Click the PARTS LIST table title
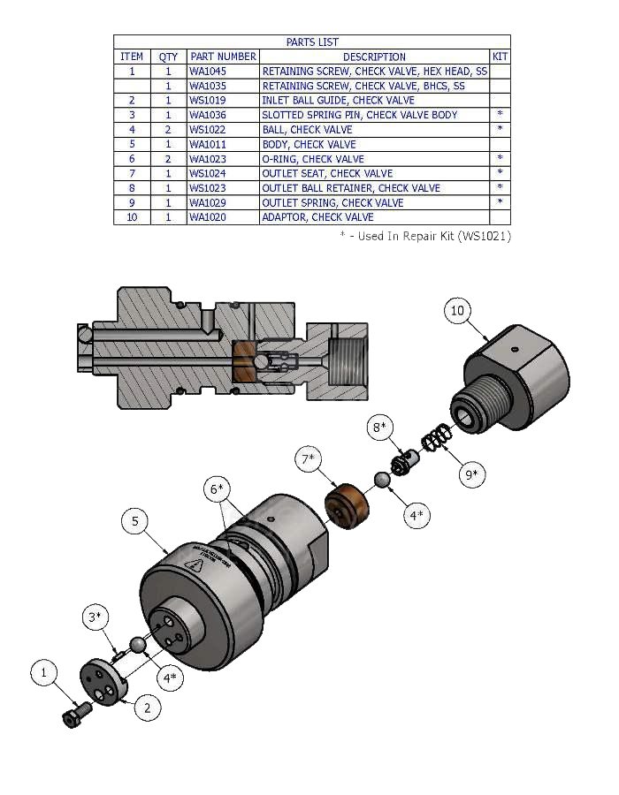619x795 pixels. [x=312, y=42]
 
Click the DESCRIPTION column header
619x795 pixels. [x=374, y=57]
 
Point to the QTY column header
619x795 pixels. [x=168, y=57]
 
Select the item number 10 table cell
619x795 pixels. [x=132, y=217]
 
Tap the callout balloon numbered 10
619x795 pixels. [x=457, y=311]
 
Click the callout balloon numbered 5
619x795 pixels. [x=135, y=522]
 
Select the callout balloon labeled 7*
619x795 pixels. [x=309, y=459]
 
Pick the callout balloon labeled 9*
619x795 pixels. [x=473, y=475]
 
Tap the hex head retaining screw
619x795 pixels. [x=73, y=715]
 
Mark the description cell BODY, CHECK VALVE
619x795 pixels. [x=309, y=144]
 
